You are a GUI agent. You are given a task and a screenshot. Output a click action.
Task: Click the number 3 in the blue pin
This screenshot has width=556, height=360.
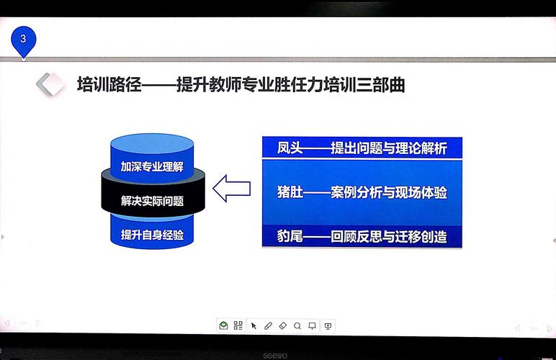23,38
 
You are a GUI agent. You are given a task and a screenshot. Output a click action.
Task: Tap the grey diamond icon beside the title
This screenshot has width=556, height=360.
50,84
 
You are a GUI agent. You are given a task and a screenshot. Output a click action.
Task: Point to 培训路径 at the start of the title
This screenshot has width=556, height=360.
109,85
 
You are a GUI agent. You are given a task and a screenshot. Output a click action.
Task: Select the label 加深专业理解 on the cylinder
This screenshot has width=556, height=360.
152,166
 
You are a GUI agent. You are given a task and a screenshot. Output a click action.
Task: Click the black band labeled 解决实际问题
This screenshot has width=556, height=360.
153,193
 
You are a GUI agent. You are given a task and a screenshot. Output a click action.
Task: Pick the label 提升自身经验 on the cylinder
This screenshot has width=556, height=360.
152,235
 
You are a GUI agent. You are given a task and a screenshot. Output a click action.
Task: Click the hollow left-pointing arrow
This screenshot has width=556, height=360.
232,188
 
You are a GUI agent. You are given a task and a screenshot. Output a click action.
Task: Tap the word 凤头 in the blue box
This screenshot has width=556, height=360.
290,148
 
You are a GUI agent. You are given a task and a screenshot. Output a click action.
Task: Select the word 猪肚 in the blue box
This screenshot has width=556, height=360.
290,192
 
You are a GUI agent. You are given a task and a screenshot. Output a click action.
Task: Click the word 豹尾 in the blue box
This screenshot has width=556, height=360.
290,236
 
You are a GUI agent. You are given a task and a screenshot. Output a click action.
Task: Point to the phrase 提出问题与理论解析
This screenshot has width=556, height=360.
389,148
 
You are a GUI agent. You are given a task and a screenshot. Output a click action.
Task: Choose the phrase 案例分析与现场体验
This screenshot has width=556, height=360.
389,192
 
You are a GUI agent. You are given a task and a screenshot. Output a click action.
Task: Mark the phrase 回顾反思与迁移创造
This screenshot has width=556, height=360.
389,236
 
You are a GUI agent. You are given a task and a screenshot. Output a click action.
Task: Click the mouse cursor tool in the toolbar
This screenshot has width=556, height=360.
254,325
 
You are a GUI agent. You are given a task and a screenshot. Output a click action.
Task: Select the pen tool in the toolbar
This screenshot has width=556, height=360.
268,325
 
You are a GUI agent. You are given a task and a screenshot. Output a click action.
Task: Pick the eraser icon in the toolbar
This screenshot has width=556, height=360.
282,325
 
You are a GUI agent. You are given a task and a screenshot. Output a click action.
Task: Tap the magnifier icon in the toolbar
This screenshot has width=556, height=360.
297,325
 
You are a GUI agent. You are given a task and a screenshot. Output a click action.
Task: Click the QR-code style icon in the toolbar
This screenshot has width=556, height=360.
238,325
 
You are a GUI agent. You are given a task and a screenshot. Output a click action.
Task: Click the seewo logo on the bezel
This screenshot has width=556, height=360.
275,355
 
